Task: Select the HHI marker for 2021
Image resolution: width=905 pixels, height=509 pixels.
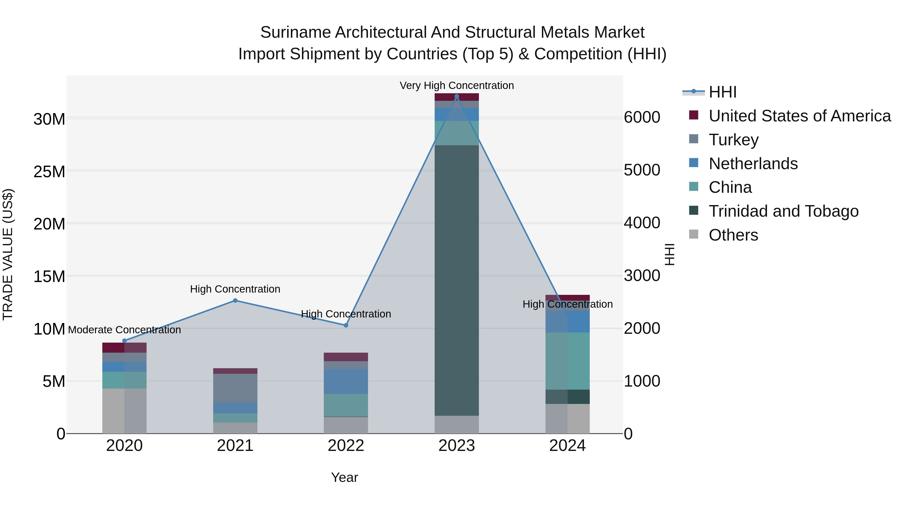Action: pyautogui.click(x=235, y=300)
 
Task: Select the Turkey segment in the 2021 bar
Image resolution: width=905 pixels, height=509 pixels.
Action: pyautogui.click(x=235, y=388)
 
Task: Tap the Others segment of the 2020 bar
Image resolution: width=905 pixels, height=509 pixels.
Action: pyautogui.click(x=124, y=411)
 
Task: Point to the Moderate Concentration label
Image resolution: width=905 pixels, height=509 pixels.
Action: pyautogui.click(x=124, y=330)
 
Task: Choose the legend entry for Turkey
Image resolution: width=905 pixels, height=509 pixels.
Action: pyautogui.click(x=733, y=140)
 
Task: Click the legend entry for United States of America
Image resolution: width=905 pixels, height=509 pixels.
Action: pyautogui.click(x=799, y=116)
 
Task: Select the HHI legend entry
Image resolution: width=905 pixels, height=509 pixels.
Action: pyautogui.click(x=722, y=92)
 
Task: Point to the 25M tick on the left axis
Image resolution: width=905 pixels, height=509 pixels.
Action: pyautogui.click(x=49, y=172)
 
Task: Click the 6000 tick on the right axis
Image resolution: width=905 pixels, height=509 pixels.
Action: pyautogui.click(x=642, y=117)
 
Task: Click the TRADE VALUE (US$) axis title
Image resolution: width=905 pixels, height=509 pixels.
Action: pyautogui.click(x=8, y=254)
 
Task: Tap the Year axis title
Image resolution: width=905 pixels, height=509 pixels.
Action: pyautogui.click(x=344, y=477)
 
